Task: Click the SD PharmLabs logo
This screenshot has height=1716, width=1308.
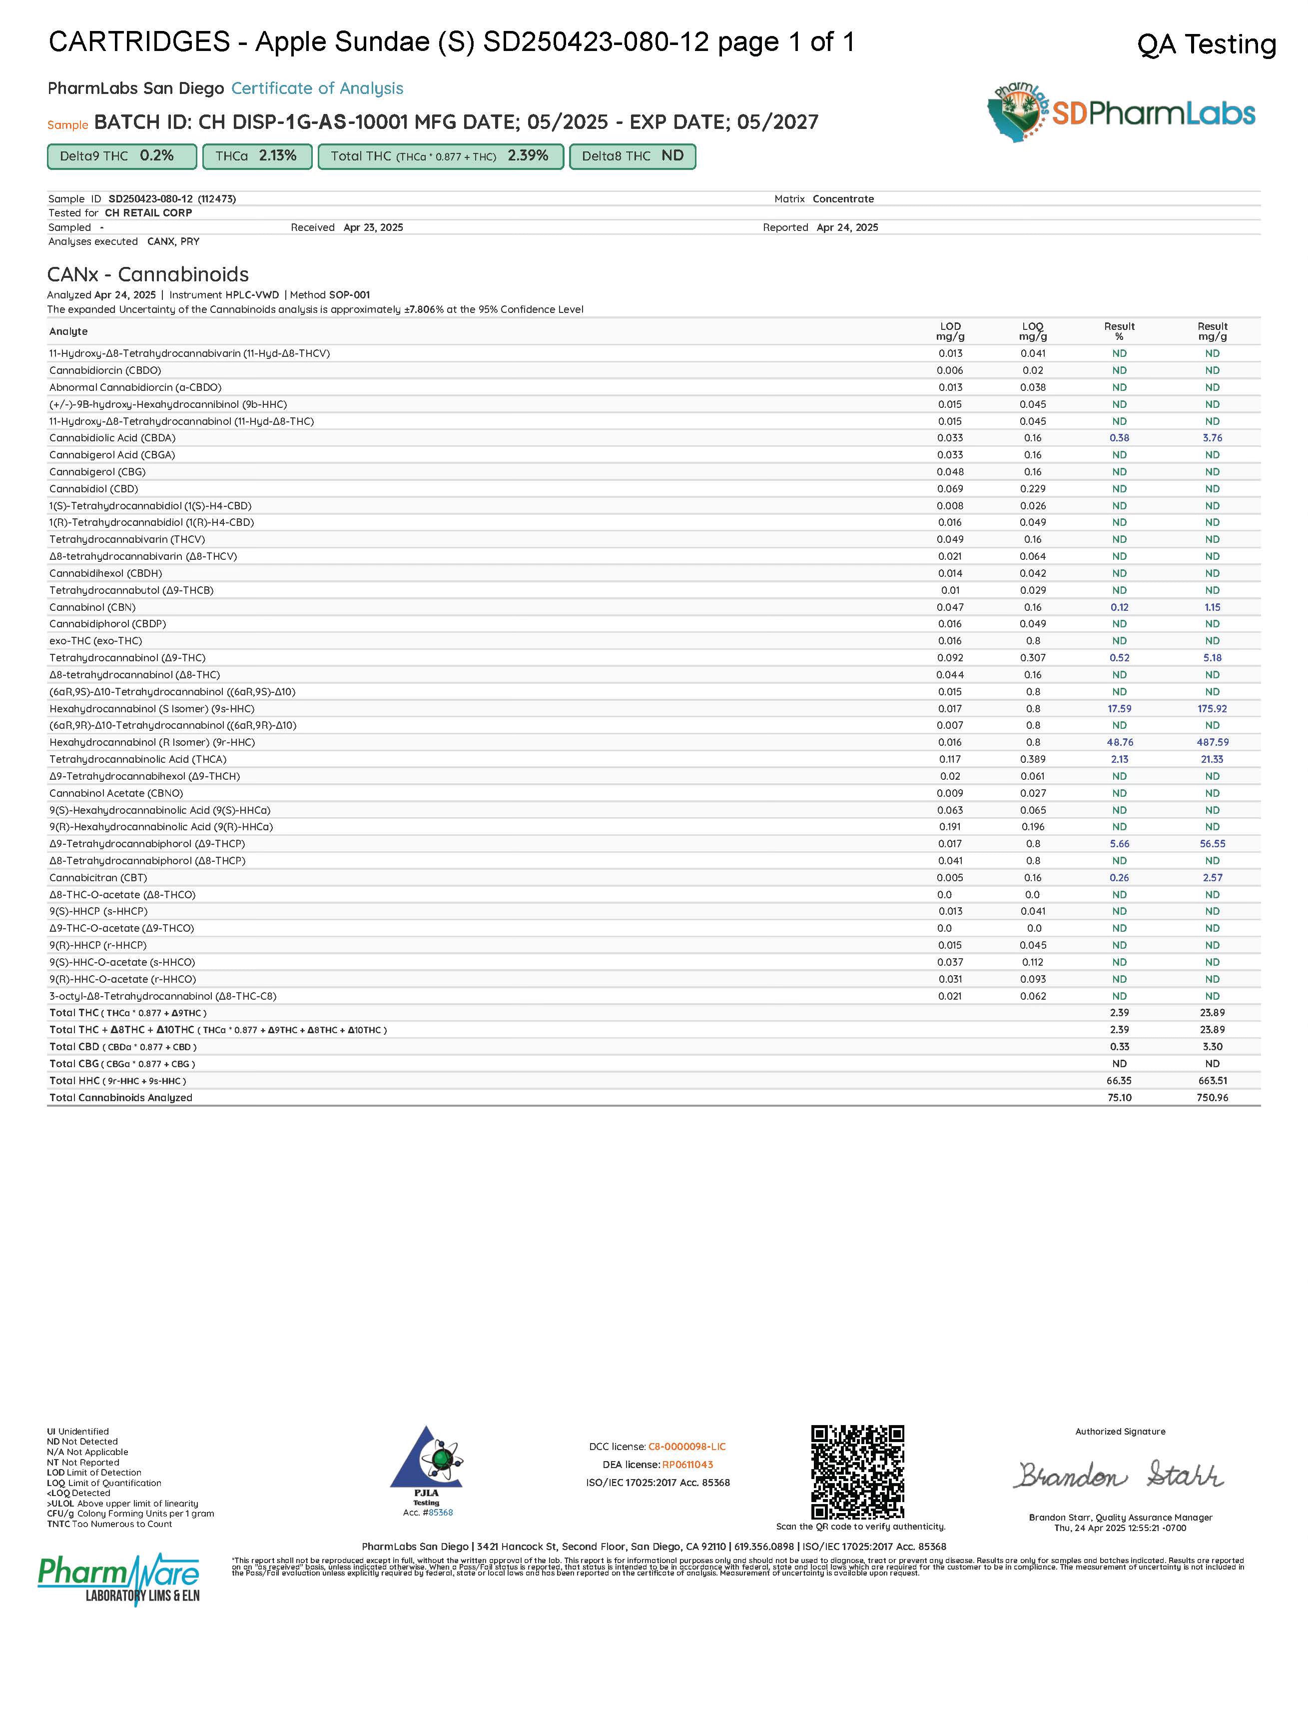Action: [x=1121, y=113]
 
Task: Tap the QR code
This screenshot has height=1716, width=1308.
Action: [x=857, y=1472]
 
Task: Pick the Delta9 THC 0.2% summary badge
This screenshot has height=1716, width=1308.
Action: [x=122, y=156]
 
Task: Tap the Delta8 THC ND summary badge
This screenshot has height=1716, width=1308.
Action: [x=632, y=156]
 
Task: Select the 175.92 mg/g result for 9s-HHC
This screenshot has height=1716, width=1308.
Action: [x=1212, y=709]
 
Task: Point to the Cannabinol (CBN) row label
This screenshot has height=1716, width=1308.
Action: [x=92, y=607]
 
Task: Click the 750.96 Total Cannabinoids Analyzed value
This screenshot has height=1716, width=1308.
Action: [x=1212, y=1098]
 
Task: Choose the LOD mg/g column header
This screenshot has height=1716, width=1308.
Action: [x=950, y=331]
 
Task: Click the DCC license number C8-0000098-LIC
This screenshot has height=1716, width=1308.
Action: [x=686, y=1447]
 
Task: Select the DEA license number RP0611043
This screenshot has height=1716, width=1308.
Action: [x=687, y=1465]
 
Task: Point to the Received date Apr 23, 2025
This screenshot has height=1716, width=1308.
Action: [x=373, y=227]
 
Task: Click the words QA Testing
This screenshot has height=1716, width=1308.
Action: [x=1206, y=44]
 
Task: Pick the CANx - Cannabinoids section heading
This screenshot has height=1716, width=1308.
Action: [x=148, y=274]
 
